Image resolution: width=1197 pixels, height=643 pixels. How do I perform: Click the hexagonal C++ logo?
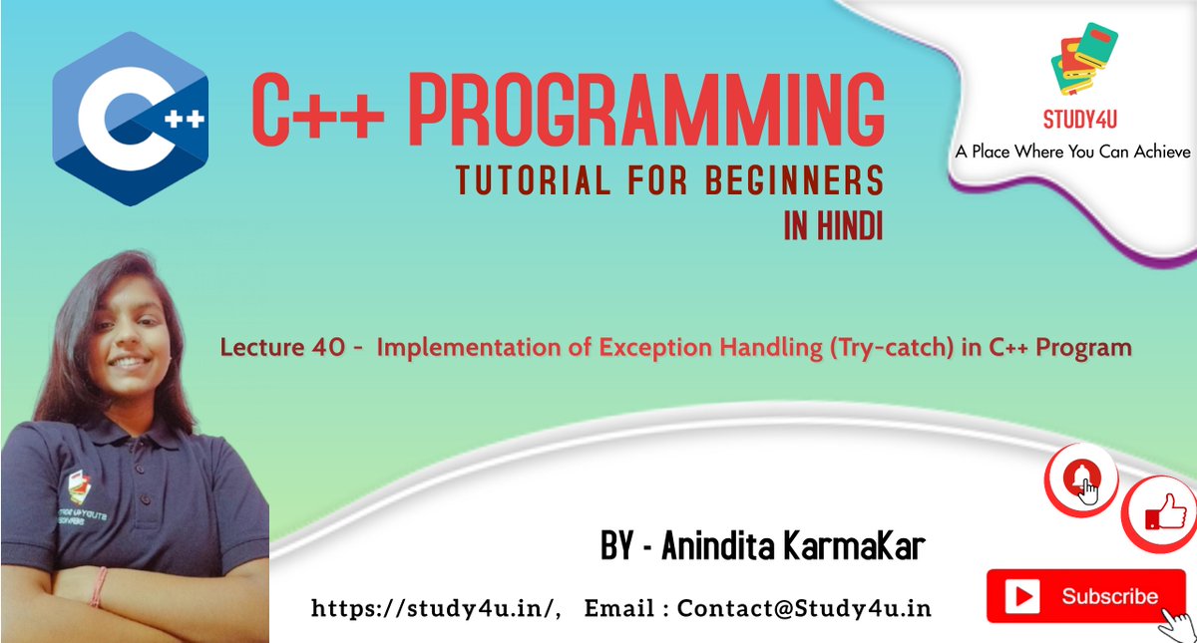click(130, 119)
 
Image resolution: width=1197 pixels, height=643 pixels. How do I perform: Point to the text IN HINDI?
click(833, 227)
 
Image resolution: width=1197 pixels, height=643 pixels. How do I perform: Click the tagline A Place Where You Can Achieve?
click(1072, 153)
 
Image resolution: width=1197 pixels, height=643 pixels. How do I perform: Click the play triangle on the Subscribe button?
click(1023, 597)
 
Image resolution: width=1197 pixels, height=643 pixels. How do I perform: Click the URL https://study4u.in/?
click(437, 607)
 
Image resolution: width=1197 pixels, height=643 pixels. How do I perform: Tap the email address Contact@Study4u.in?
click(804, 607)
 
